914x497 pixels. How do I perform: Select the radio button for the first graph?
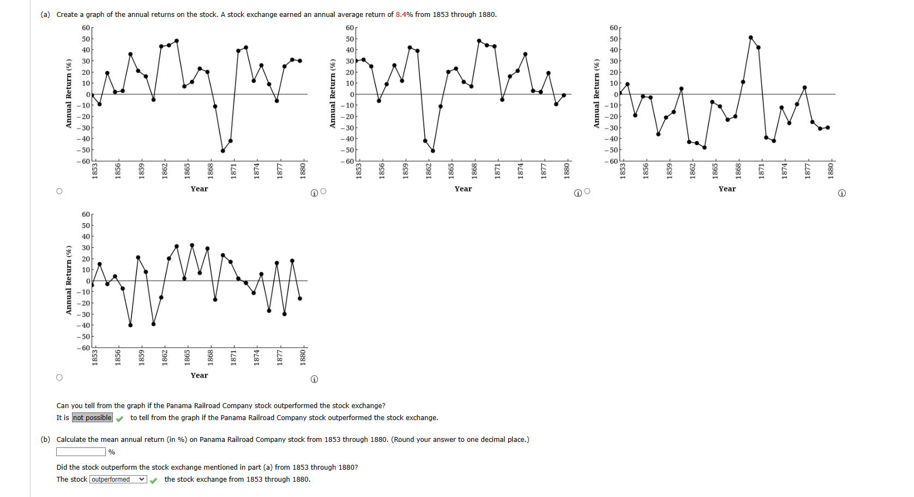[x=59, y=191]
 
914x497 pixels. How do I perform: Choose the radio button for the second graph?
[x=323, y=191]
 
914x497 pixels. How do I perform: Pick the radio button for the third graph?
[x=587, y=191]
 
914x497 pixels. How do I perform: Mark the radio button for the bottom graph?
[x=59, y=378]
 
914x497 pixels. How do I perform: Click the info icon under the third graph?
[x=841, y=193]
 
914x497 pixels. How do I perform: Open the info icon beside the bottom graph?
[x=314, y=379]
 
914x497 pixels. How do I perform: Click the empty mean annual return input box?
[x=81, y=452]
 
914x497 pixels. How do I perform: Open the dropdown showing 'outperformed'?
[x=118, y=480]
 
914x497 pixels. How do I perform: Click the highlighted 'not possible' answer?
[x=92, y=418]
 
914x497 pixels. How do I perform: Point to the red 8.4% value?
[x=404, y=15]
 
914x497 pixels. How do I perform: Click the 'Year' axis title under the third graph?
[x=727, y=189]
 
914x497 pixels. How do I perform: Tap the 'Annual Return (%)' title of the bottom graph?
[x=69, y=280]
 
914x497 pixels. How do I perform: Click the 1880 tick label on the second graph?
[x=567, y=169]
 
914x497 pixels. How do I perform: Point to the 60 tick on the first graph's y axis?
[x=86, y=28]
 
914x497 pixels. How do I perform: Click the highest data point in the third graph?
[x=750, y=38]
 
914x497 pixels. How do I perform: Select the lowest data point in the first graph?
[x=223, y=151]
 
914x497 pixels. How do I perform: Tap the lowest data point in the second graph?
[x=432, y=151]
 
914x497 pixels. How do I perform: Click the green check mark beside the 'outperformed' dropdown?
[x=154, y=480]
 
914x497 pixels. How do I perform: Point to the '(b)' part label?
[x=45, y=440]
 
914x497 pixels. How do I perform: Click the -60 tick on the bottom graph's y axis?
[x=83, y=348]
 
